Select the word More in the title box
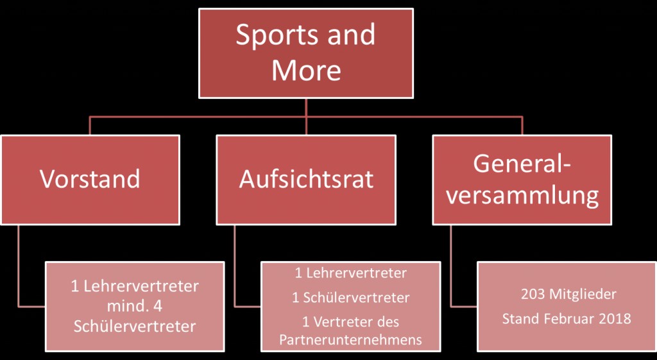coord(306,70)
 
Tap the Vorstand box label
coord(90,179)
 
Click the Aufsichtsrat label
coord(306,179)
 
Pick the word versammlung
coord(522,196)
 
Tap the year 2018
coord(616,318)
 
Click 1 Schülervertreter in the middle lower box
coord(350,298)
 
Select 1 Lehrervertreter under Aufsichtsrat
coord(350,273)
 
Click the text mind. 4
coord(134,305)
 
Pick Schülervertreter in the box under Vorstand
coord(134,326)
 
